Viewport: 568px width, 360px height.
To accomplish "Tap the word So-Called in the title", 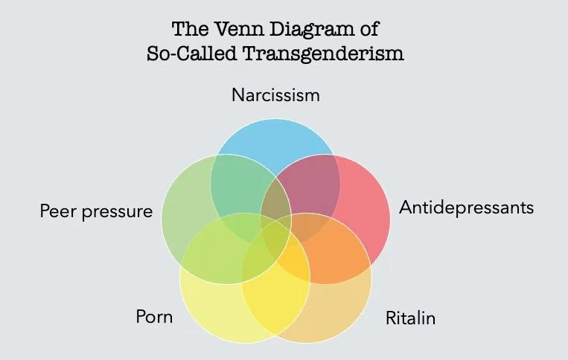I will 187,56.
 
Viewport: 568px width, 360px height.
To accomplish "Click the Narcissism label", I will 275,95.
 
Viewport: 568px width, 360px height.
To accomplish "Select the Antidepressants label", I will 467,208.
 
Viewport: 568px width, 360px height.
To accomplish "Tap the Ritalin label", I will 410,319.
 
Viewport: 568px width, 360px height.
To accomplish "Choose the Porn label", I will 154,318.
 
